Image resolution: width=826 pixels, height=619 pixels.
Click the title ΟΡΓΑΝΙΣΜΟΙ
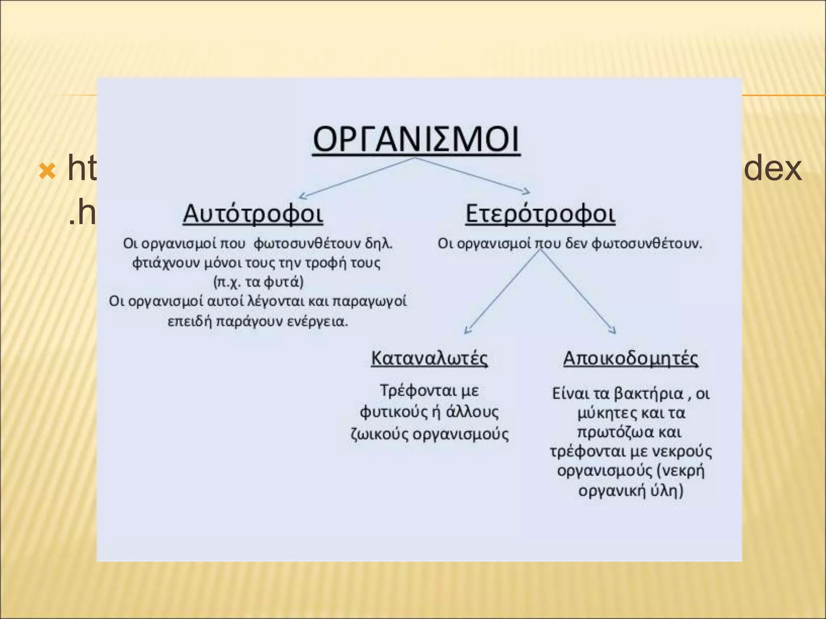coord(416,139)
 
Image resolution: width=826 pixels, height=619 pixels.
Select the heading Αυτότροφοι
coord(253,213)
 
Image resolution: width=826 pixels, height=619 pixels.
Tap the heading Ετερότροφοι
coord(540,213)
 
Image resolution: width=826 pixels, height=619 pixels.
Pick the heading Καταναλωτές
coord(429,358)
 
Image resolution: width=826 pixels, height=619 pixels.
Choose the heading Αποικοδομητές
coord(630,358)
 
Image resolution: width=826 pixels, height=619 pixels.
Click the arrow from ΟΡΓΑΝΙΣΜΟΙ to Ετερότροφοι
coord(472,174)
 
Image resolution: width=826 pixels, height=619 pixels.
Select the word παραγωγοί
coord(371,301)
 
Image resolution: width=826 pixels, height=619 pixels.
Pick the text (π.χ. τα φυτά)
coord(258,281)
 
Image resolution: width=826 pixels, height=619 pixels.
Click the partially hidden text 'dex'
coord(772,168)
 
